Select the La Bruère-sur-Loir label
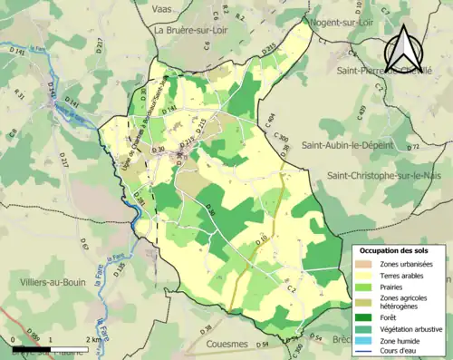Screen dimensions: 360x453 (x=196, y=29)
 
